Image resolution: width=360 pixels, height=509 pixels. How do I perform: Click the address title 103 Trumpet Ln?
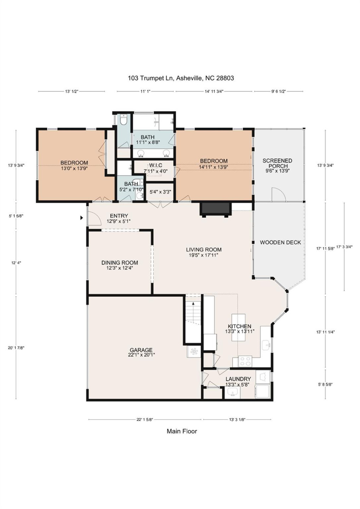(x=181, y=78)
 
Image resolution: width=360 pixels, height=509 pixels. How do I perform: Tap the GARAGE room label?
(x=141, y=350)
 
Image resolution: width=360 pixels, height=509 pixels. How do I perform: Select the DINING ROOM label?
(x=120, y=263)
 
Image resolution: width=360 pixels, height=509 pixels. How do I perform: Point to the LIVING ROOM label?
(x=204, y=250)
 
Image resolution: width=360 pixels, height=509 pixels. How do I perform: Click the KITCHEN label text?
(x=239, y=326)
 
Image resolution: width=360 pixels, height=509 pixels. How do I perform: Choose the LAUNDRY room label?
(x=238, y=379)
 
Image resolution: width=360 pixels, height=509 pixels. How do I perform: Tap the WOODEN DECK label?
(x=280, y=242)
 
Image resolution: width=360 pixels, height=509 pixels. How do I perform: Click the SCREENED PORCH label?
(x=277, y=163)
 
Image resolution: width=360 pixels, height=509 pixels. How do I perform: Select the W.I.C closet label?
(x=156, y=165)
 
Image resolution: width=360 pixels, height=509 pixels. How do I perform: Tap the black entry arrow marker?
(x=82, y=218)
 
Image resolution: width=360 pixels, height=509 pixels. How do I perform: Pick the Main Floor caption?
(x=182, y=431)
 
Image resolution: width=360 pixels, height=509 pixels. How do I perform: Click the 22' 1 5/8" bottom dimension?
(x=145, y=420)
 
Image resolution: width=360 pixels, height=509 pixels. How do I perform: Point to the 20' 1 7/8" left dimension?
(x=16, y=348)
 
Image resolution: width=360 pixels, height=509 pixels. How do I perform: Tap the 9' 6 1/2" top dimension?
(x=278, y=91)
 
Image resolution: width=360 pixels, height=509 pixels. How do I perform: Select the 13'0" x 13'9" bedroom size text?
(x=74, y=169)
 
